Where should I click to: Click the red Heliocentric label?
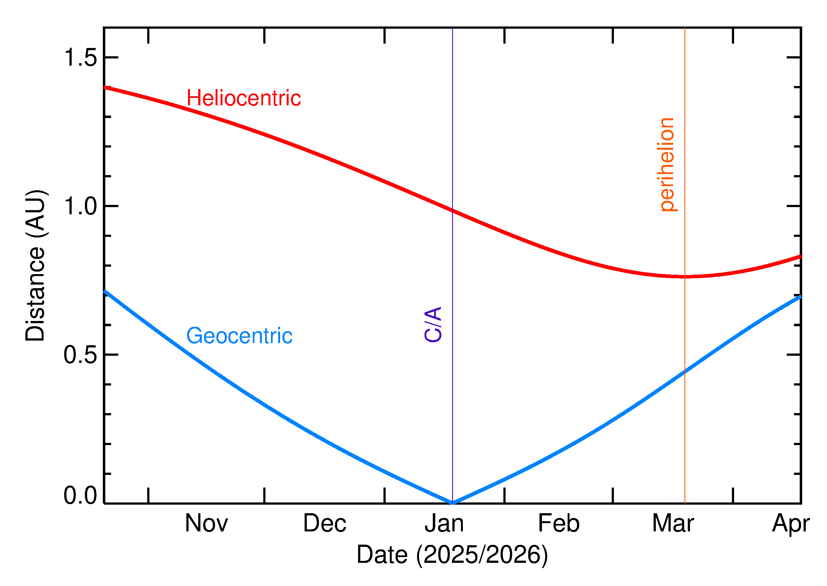pyautogui.click(x=243, y=98)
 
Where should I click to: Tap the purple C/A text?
pyautogui.click(x=433, y=324)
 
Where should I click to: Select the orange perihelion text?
pyautogui.click(x=667, y=165)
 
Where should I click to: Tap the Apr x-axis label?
pyautogui.click(x=791, y=524)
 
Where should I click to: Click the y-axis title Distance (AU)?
pyautogui.click(x=35, y=266)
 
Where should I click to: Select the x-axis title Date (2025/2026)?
pyautogui.click(x=452, y=555)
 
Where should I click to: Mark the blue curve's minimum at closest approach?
pyautogui.click(x=453, y=503)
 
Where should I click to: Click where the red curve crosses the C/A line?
pyautogui.click(x=453, y=211)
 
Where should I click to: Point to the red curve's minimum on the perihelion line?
pyautogui.click(x=685, y=277)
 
